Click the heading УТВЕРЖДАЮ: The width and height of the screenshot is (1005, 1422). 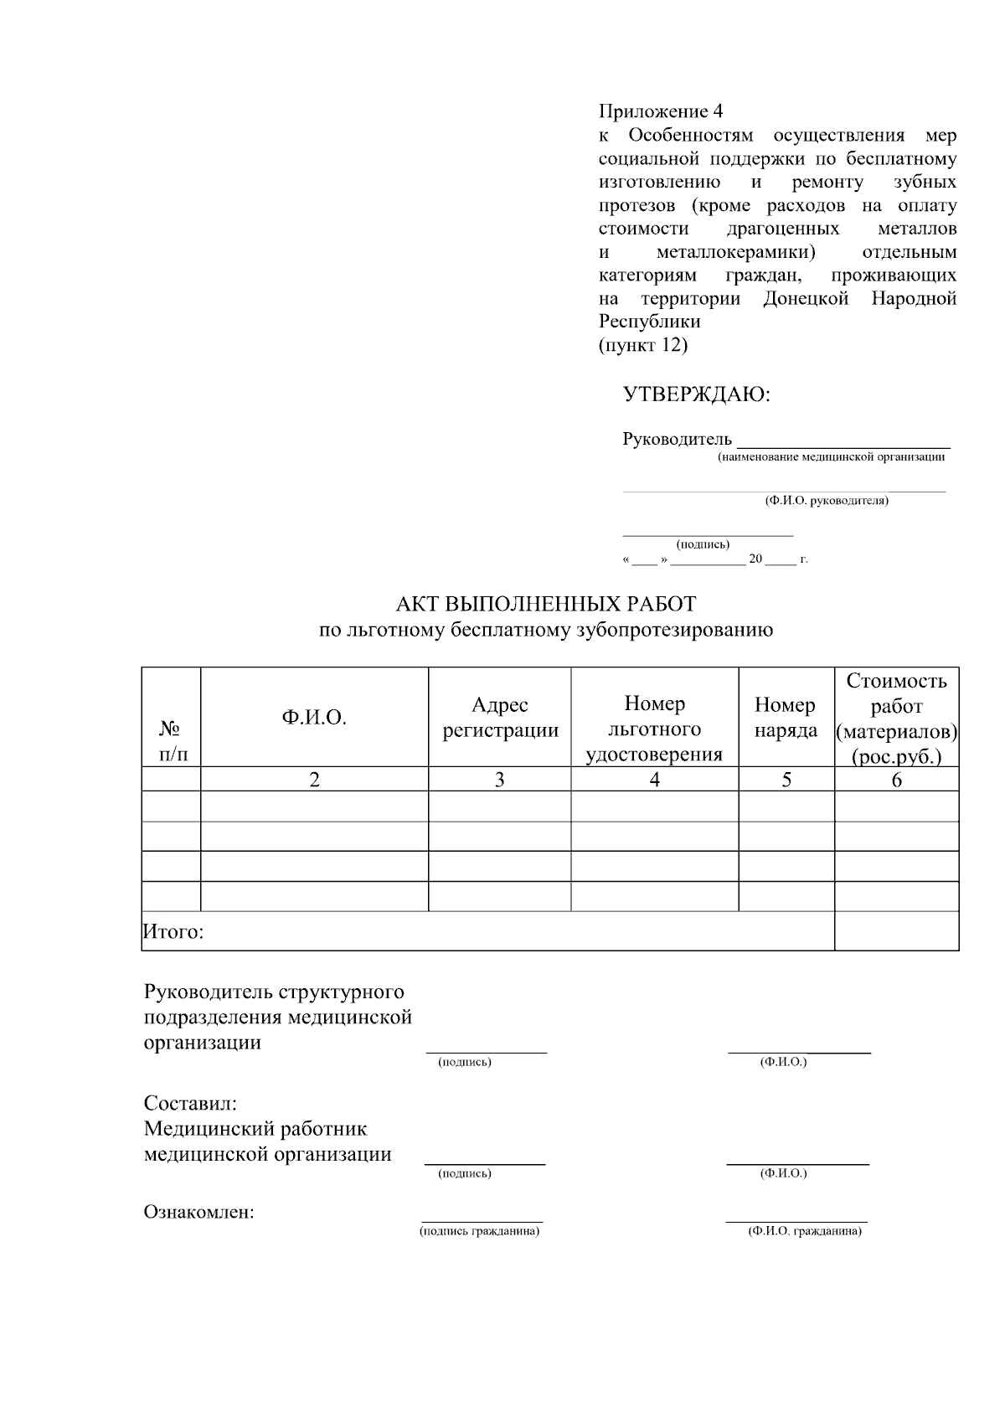696,394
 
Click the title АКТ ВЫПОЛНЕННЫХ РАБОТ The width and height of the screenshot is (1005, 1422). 546,604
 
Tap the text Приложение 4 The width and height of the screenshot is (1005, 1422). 660,111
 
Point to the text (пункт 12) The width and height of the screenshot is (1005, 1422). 642,345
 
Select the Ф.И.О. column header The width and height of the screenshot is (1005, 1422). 314,718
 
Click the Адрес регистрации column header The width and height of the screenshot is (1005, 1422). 500,718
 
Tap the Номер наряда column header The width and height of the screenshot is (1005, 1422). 786,718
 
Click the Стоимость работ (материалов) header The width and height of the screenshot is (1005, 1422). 896,718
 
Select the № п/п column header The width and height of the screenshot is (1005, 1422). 173,740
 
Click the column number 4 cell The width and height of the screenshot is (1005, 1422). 654,780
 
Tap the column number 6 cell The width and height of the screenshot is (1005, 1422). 896,780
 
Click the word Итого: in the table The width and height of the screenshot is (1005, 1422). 174,931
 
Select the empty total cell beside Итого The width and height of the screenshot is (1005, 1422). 896,930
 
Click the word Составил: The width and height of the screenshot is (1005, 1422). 190,1103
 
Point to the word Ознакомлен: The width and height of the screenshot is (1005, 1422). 199,1212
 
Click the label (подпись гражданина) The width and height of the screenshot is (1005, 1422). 479,1232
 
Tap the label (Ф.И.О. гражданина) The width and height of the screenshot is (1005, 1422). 804,1232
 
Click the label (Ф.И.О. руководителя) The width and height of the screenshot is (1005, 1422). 826,501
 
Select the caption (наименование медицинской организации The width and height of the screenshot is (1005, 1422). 831,457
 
